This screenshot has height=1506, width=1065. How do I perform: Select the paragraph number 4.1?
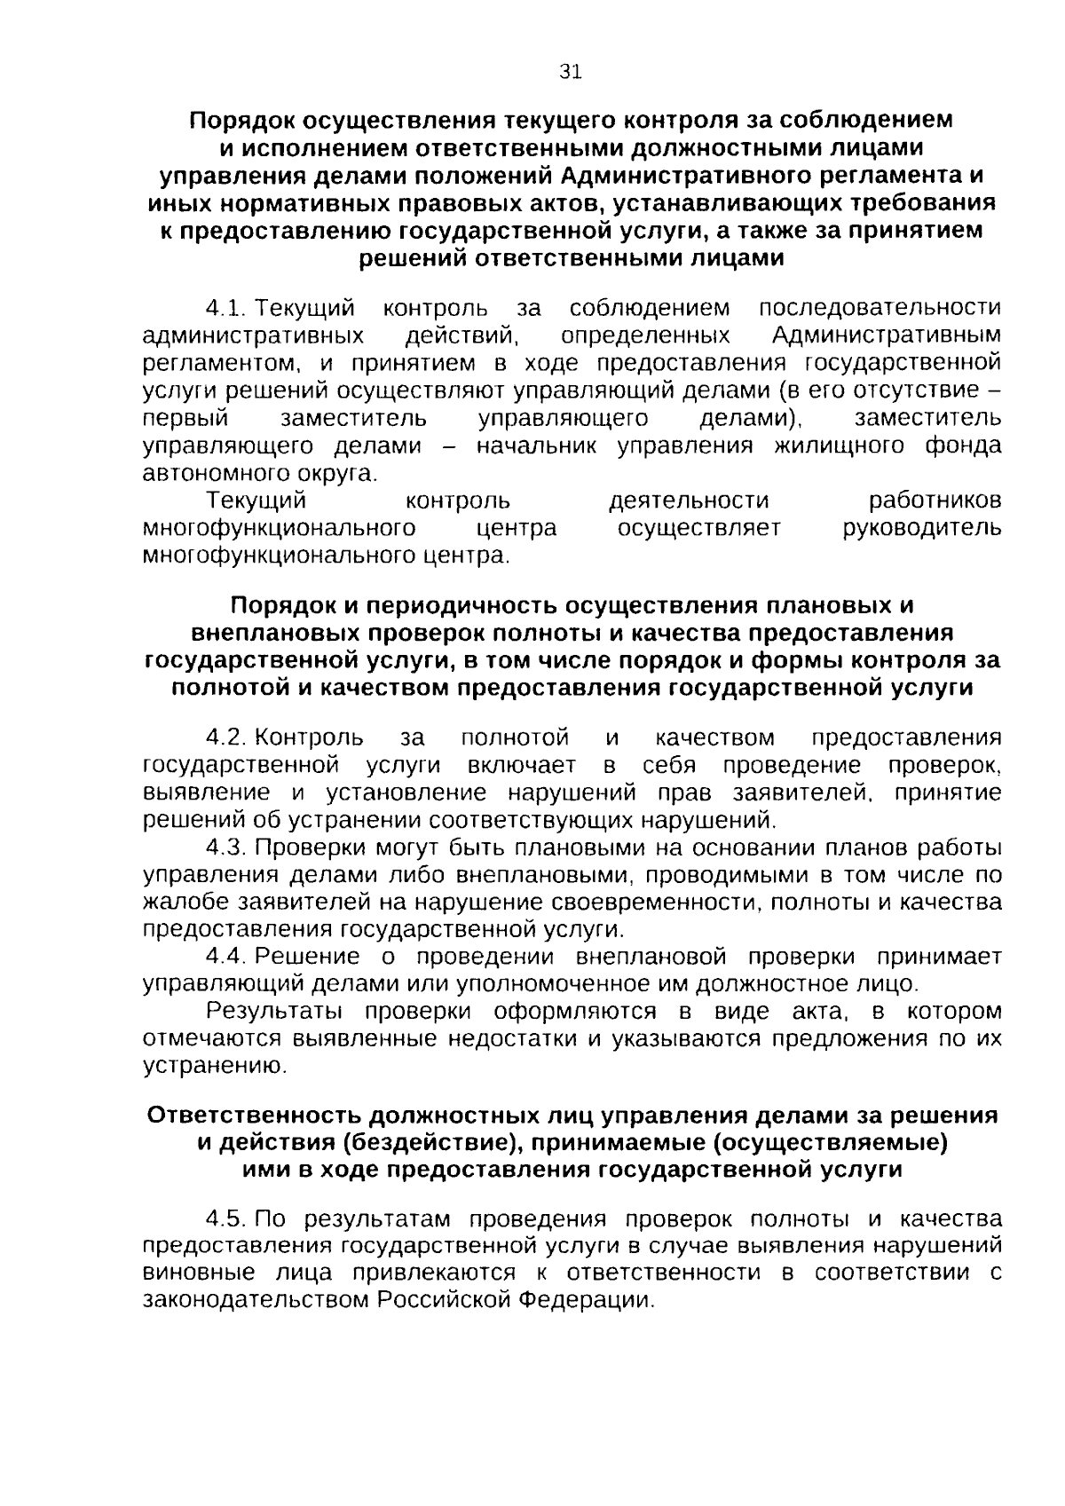click(x=225, y=309)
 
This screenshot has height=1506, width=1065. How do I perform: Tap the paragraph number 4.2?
click(x=225, y=738)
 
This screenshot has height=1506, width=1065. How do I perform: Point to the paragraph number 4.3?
click(x=225, y=848)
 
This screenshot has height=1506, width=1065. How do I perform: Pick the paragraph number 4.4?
click(x=225, y=957)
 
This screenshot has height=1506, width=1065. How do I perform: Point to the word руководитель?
click(x=921, y=528)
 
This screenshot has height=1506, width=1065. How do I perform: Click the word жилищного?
click(x=839, y=445)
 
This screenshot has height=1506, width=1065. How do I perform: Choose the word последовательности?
click(x=880, y=309)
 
